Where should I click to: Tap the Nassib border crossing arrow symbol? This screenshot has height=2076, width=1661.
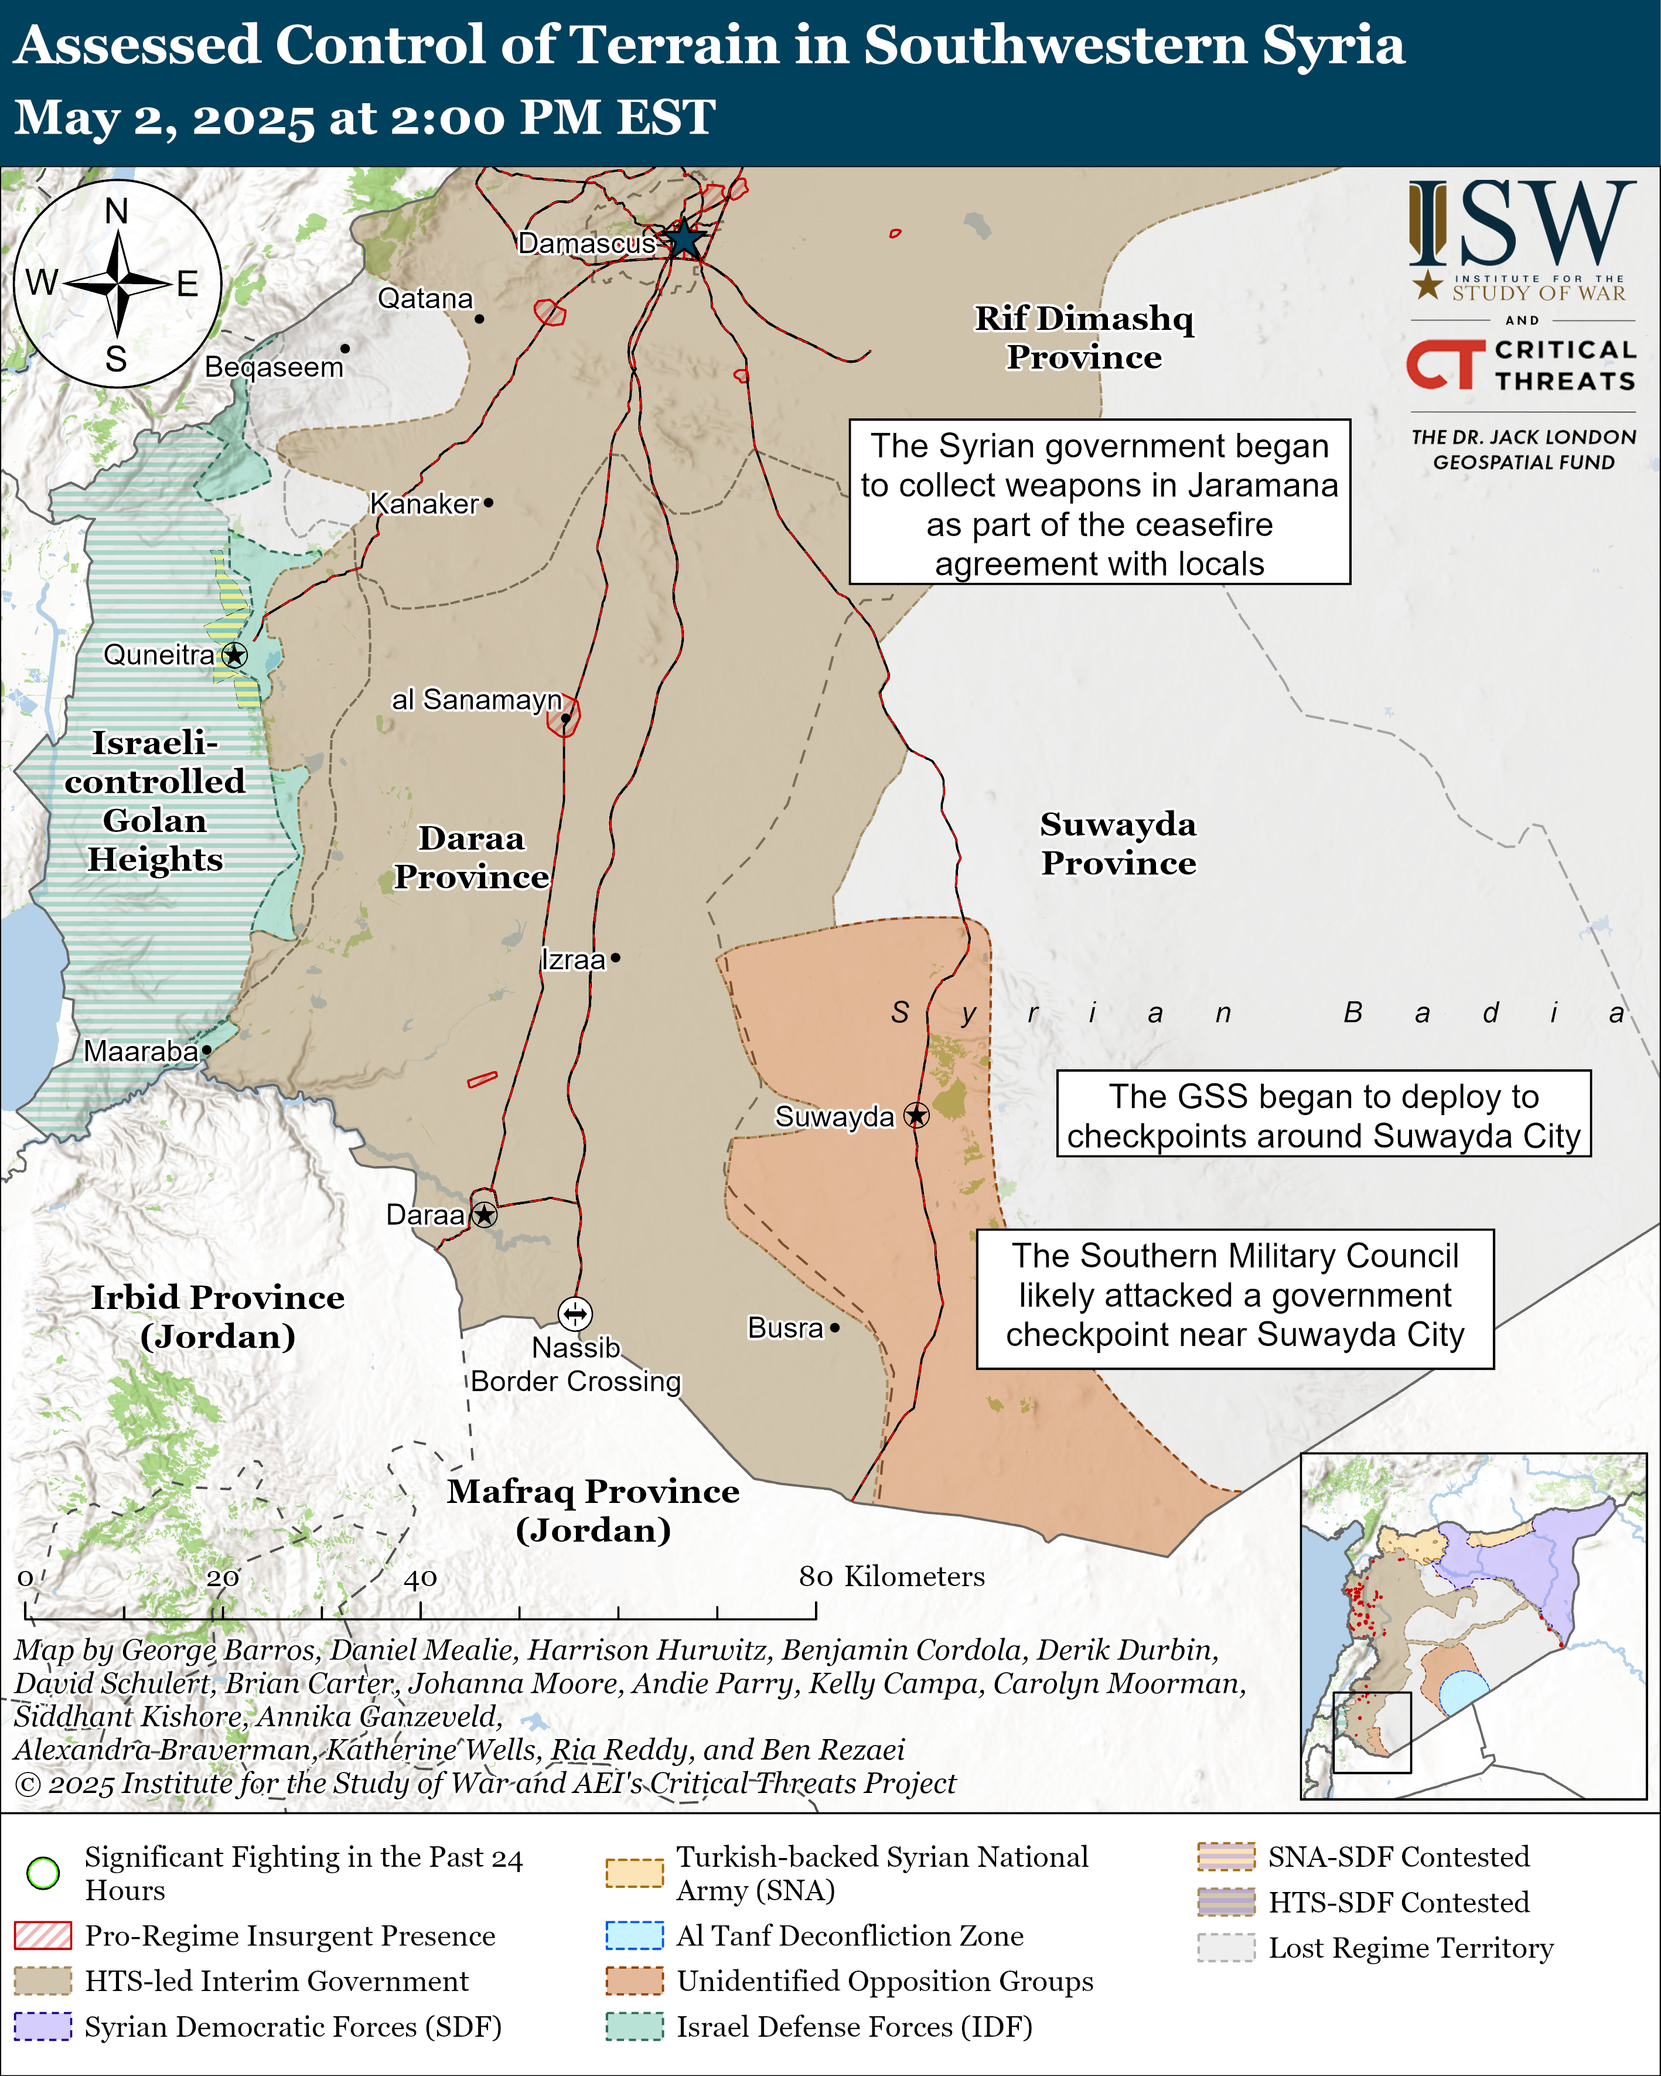(x=575, y=1313)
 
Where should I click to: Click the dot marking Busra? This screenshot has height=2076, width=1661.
(x=835, y=1328)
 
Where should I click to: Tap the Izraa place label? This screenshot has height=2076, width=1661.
(x=573, y=960)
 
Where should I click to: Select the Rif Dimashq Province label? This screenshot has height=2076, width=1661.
(x=1084, y=337)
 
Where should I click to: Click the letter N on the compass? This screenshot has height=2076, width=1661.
(x=117, y=211)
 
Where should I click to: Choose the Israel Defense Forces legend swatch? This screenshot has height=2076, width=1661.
(x=635, y=2026)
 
